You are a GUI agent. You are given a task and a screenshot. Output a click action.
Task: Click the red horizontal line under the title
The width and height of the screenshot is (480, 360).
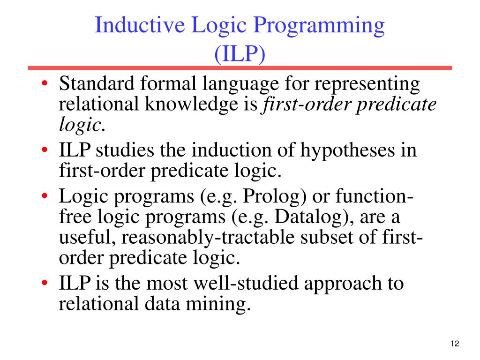(x=240, y=68)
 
